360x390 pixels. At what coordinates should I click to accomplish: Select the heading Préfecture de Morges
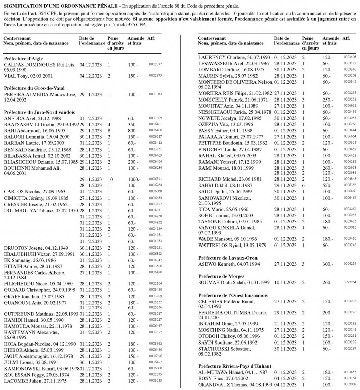point(221,276)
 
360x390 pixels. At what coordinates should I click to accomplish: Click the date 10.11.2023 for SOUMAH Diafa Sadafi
point(285,283)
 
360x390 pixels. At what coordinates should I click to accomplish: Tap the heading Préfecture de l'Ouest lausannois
point(233,295)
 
